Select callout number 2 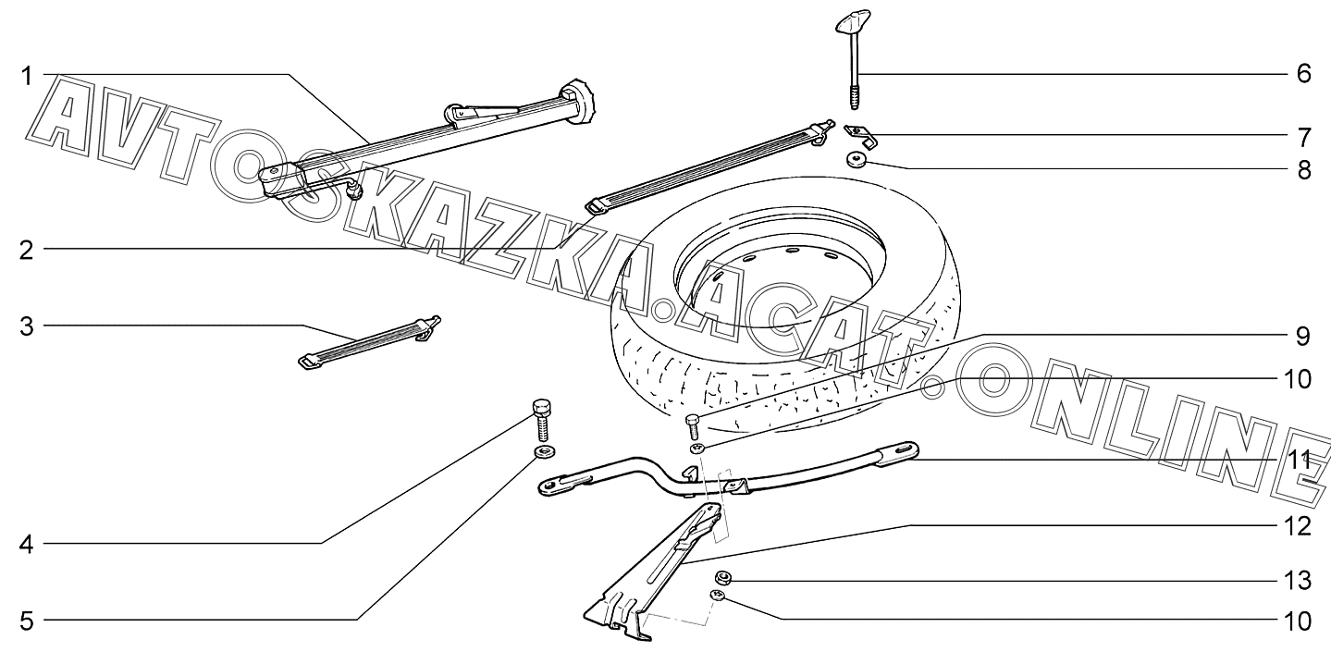pyautogui.click(x=27, y=250)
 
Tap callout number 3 pyautogui.click(x=27, y=326)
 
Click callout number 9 pyautogui.click(x=1303, y=336)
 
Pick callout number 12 pyautogui.click(x=1297, y=527)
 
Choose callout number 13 pyautogui.click(x=1297, y=581)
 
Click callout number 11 pyautogui.click(x=1297, y=460)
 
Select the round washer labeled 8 pyautogui.click(x=853, y=162)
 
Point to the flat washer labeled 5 pyautogui.click(x=542, y=452)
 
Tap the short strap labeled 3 pyautogui.click(x=370, y=341)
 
